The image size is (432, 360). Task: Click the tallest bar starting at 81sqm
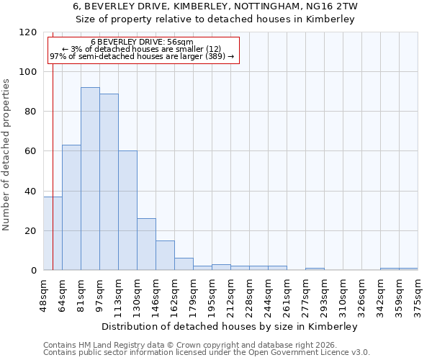(x=90, y=179)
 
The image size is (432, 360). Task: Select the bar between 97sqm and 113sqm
(x=109, y=181)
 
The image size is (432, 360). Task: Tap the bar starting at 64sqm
(x=71, y=207)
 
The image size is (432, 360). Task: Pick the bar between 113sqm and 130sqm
(x=127, y=210)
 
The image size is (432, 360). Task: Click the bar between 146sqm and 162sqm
(x=165, y=255)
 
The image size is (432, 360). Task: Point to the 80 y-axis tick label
(x=31, y=112)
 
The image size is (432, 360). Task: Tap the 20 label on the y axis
(x=31, y=231)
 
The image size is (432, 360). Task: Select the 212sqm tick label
(x=231, y=295)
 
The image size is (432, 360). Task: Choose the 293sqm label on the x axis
(x=325, y=295)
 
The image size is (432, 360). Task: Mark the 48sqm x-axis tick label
(x=44, y=295)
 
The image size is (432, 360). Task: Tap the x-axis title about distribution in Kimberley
(x=230, y=326)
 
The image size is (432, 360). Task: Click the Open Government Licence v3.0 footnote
(x=207, y=353)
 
